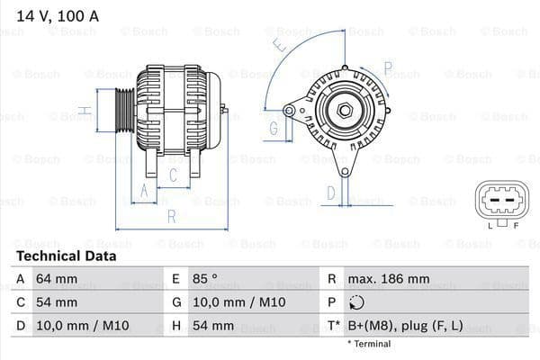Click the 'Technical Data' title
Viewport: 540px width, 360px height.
click(66, 256)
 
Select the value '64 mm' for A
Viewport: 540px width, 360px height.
click(56, 279)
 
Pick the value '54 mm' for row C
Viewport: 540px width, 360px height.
click(56, 302)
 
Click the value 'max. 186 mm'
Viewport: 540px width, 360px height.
click(390, 279)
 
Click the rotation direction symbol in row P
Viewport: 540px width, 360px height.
click(356, 303)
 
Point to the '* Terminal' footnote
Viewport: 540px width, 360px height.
click(369, 344)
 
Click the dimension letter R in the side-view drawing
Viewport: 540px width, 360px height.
click(171, 216)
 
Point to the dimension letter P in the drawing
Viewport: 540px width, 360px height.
click(388, 67)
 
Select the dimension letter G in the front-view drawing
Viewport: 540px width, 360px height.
click(273, 128)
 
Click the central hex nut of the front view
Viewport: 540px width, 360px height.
click(344, 110)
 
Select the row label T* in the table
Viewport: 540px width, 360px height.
click(334, 326)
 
